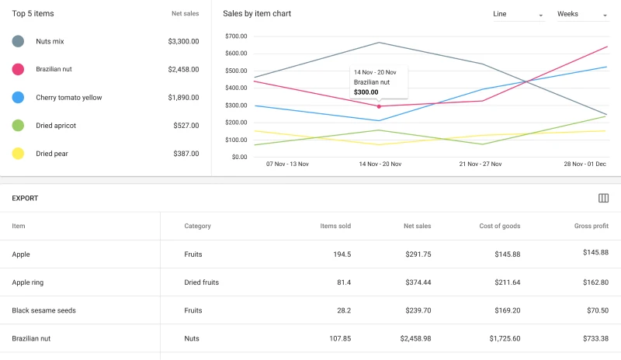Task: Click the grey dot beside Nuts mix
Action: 18,41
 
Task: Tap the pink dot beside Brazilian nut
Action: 18,69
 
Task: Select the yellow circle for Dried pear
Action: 18,154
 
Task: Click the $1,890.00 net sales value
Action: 183,98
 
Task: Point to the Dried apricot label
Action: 56,126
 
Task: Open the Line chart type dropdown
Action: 518,14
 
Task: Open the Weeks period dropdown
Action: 582,14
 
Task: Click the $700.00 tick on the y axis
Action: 235,36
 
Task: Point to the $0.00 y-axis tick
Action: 238,157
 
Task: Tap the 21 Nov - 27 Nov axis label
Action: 480,164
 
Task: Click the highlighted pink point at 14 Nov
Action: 379,106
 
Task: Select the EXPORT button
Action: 25,199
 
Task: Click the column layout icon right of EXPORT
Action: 603,199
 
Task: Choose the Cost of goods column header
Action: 500,227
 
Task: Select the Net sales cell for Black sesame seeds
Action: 417,310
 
